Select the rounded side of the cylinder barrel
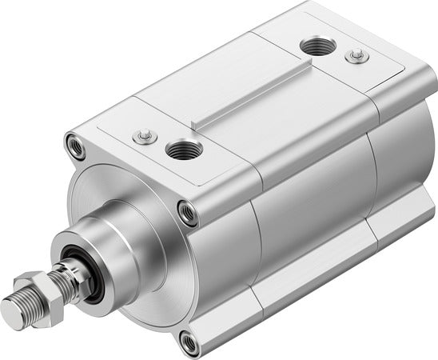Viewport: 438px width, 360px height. tap(304, 216)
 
